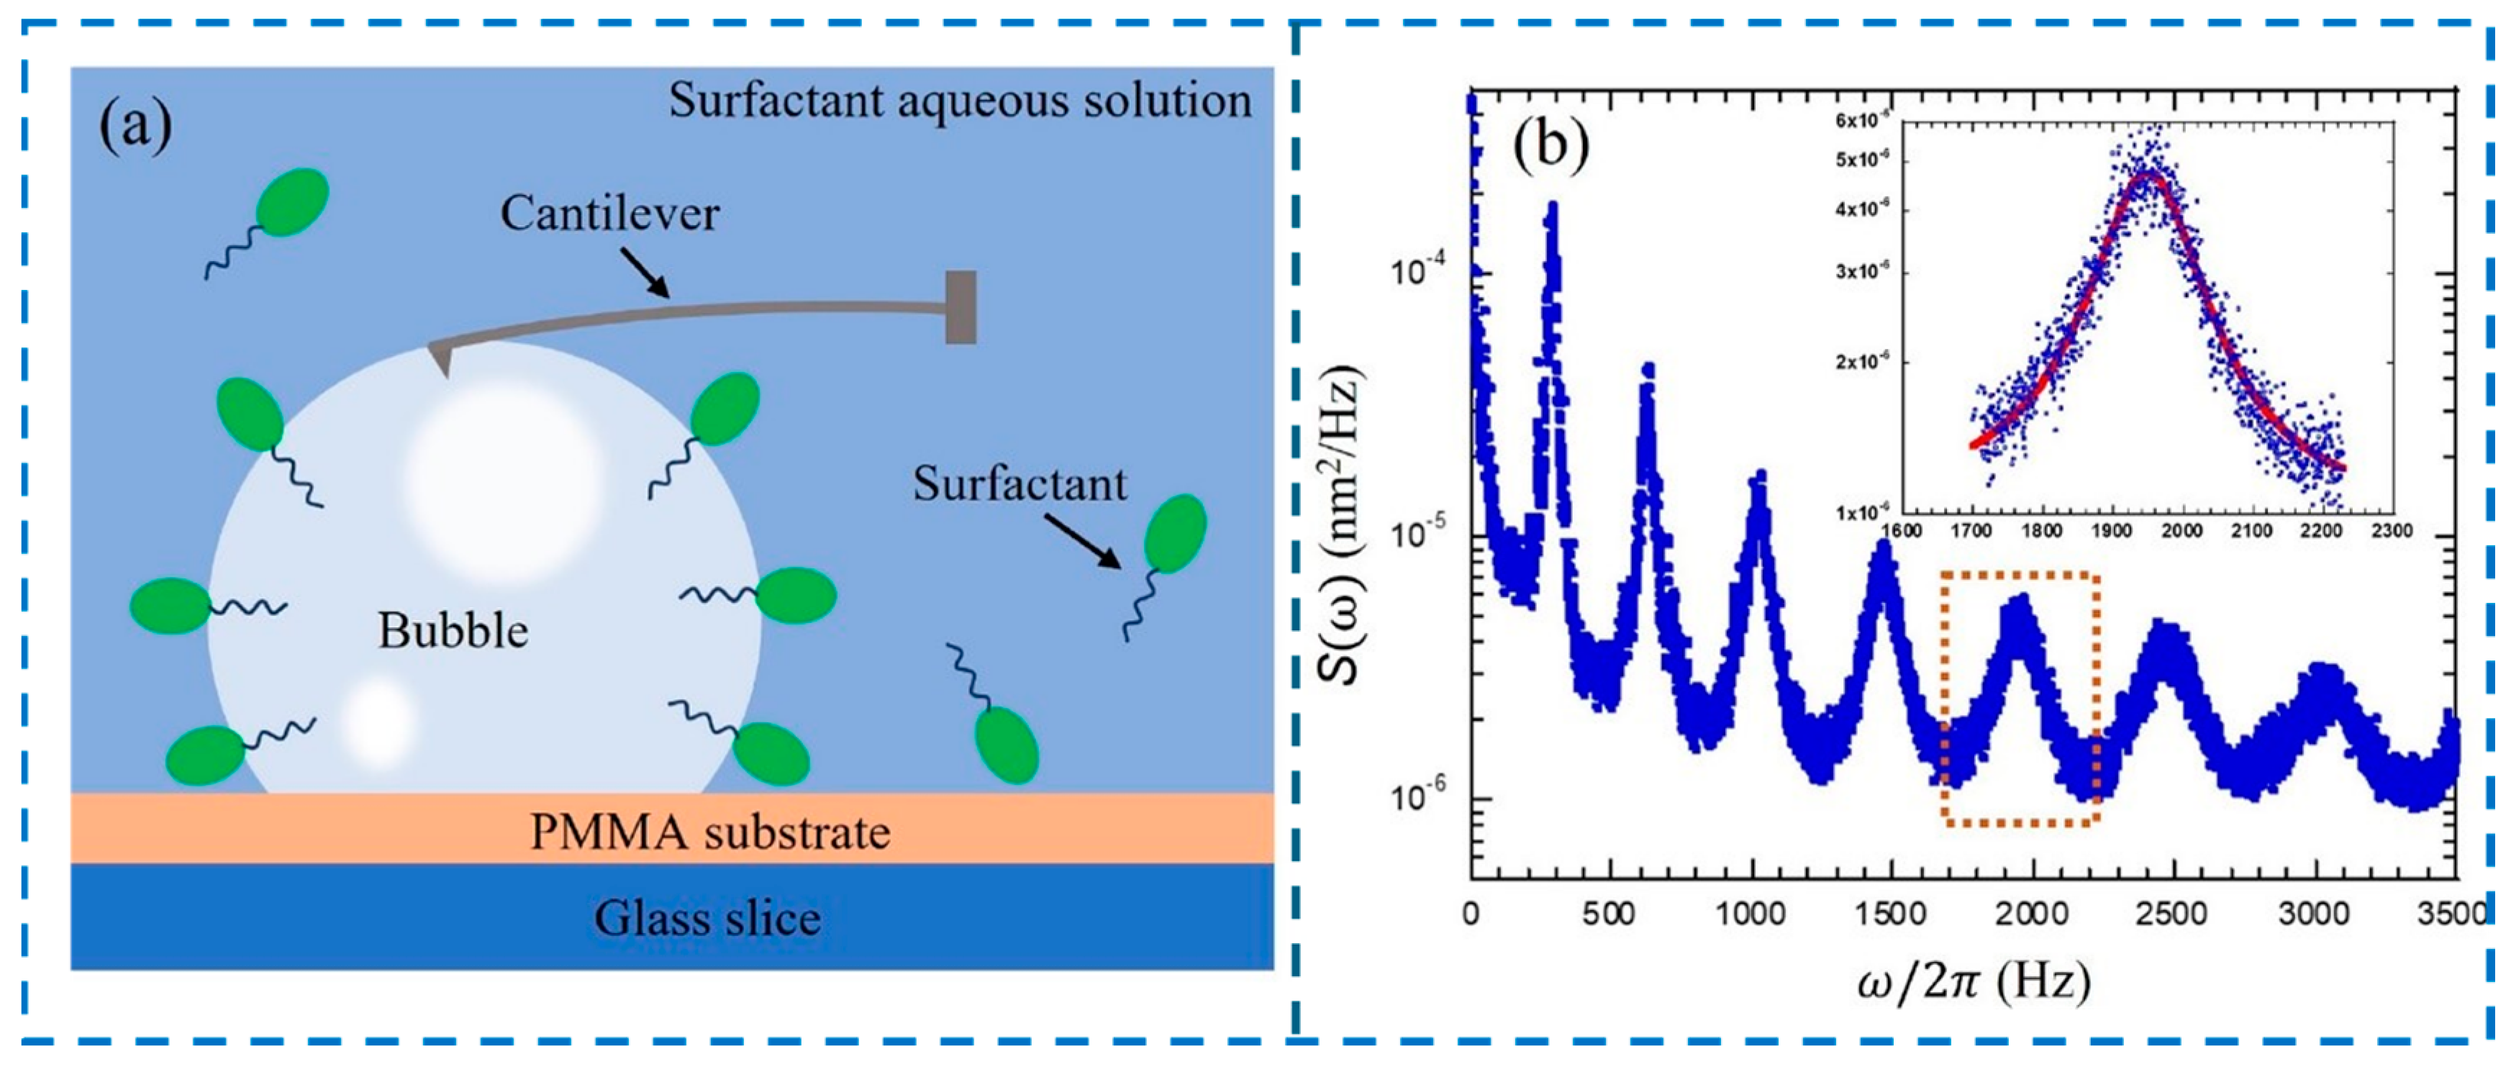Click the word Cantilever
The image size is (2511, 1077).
[x=609, y=214]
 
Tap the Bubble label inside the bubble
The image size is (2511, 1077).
[x=453, y=631]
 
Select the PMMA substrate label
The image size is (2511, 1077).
[x=709, y=832]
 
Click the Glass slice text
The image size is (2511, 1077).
[x=708, y=918]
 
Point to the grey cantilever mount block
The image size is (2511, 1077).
[x=961, y=307]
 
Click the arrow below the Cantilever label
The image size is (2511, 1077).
[x=645, y=272]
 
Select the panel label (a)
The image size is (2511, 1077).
[x=135, y=127]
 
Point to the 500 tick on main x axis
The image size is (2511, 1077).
[x=1608, y=913]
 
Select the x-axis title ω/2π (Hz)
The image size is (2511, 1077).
[x=1974, y=981]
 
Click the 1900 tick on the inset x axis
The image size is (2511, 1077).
[x=2112, y=531]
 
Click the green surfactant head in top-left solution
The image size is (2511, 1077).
[x=291, y=201]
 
